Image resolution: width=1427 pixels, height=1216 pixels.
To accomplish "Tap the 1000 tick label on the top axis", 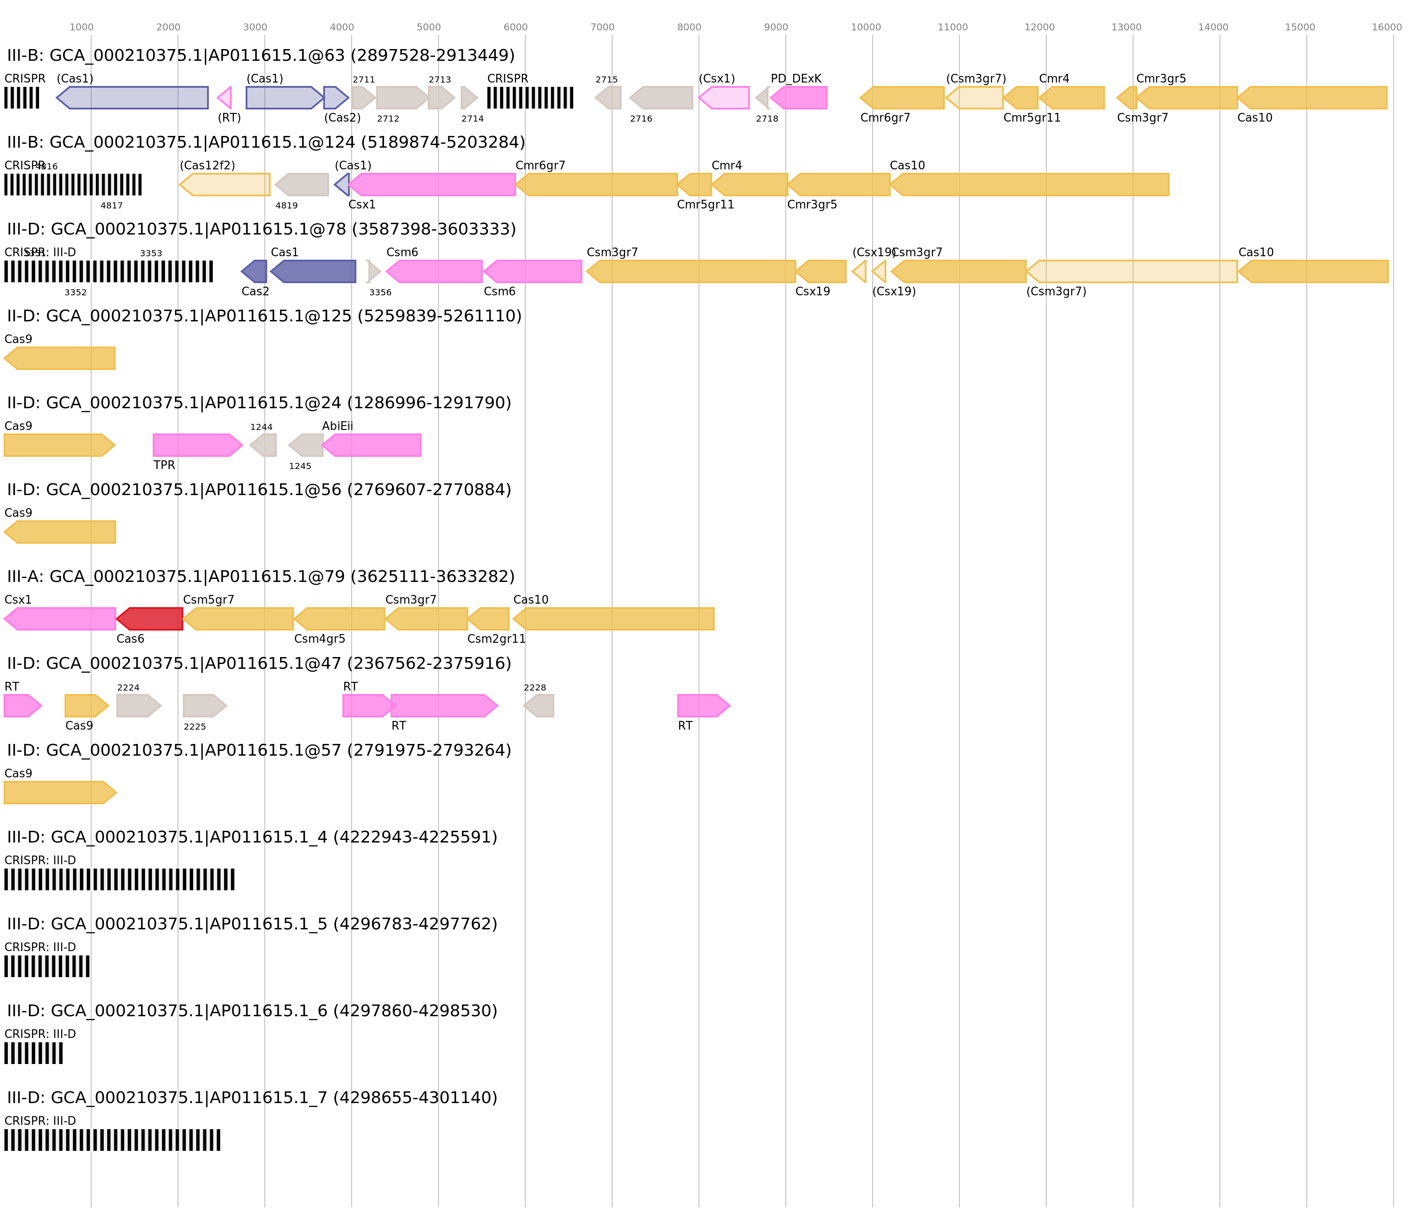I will point(81,27).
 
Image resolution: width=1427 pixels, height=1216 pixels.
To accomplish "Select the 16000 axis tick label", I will point(1386,27).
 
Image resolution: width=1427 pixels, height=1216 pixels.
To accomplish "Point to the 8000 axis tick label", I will point(689,27).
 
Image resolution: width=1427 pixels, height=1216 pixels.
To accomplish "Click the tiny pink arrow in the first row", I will point(224,98).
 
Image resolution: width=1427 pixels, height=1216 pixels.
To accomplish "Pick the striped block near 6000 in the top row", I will point(530,98).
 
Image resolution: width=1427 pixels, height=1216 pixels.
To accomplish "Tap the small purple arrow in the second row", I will point(342,185).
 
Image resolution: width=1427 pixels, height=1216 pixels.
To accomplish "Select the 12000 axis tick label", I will point(1039,27).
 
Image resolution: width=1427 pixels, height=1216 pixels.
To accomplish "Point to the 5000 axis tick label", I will point(428,27).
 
